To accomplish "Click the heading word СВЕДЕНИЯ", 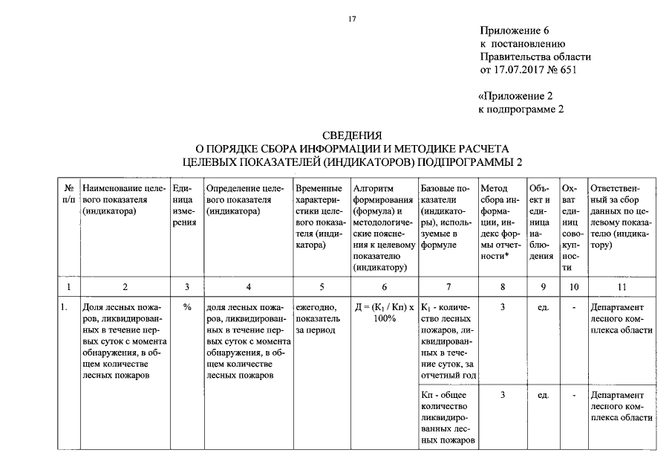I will pos(352,135).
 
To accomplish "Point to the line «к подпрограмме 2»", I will pos(521,109).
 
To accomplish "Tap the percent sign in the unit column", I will pos(187,306).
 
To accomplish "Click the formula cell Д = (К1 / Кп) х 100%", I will pos(383,312).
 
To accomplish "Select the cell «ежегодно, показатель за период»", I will pos(317,318).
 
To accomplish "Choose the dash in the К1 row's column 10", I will pos(573,306).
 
